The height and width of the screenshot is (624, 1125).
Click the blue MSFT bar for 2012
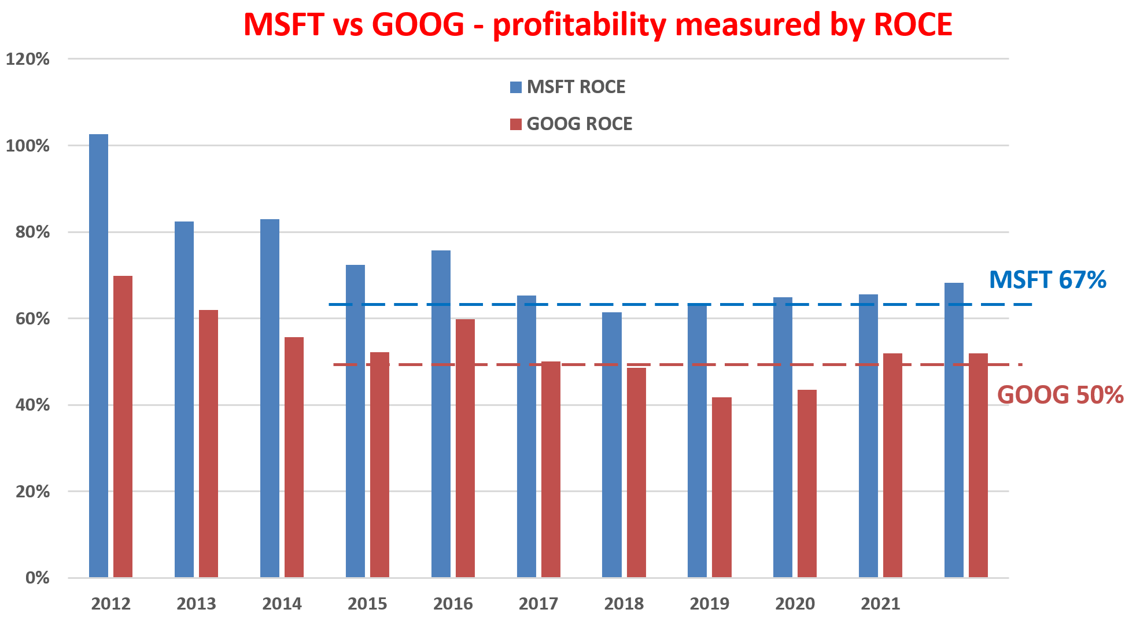coord(98,356)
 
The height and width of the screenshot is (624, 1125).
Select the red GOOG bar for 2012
coord(123,426)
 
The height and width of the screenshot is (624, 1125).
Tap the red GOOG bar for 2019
coord(721,487)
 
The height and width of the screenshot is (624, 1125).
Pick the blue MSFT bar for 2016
coord(441,413)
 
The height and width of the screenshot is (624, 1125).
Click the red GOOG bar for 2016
coord(465,448)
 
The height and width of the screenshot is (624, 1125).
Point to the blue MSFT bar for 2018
coord(611,445)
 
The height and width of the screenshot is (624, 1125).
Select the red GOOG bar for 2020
coord(807,483)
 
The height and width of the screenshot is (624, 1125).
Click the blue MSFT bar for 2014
coord(270,398)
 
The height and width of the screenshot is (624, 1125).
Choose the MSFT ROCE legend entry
coord(567,87)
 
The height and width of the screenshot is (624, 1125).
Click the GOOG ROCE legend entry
coord(571,124)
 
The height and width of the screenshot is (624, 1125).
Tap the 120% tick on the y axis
coord(27,59)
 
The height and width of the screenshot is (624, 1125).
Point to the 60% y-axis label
coord(27,319)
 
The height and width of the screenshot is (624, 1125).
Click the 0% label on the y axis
coord(37,578)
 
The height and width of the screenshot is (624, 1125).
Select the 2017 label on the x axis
coord(538,604)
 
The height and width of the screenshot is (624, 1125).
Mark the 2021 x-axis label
coord(880,604)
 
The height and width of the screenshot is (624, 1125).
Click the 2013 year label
coord(196,604)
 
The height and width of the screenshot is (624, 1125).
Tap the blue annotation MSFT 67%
coord(1047,280)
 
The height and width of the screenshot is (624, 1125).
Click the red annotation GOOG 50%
coord(1060,395)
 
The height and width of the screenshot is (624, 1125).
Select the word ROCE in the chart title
coord(912,25)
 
